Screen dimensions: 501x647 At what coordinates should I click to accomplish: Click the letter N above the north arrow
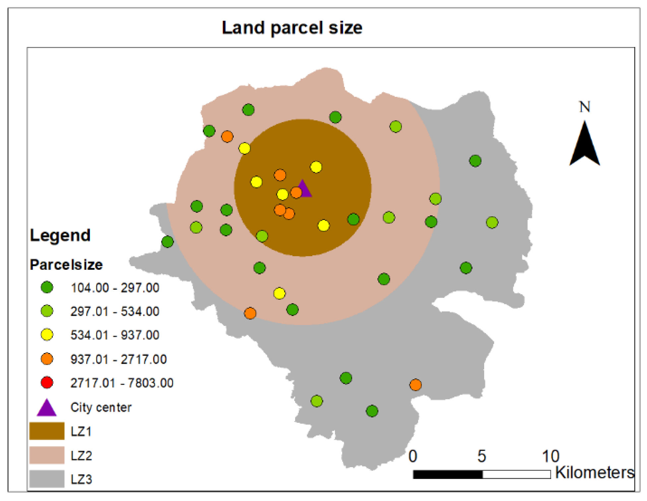click(x=584, y=107)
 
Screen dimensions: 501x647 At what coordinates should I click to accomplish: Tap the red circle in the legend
click(x=47, y=383)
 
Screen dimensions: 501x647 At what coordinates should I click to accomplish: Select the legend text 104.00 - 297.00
click(x=115, y=288)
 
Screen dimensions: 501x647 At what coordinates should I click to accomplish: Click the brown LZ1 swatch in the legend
click(x=47, y=431)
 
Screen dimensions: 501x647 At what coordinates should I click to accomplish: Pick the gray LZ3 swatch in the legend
click(x=47, y=479)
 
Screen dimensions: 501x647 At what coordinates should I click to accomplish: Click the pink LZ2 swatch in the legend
click(x=47, y=455)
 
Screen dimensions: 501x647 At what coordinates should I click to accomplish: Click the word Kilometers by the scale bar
click(x=595, y=472)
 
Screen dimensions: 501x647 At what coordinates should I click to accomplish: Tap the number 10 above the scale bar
click(x=550, y=456)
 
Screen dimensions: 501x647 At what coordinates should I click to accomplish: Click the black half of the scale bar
click(x=448, y=474)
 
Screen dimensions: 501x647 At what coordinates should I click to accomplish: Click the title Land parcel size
click(x=292, y=28)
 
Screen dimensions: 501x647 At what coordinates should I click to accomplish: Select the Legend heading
click(x=60, y=235)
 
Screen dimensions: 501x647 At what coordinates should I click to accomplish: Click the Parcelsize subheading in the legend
click(x=66, y=264)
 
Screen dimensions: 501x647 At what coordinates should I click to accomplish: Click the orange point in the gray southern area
click(x=415, y=385)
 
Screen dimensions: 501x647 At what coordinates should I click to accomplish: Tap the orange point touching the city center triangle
click(x=296, y=192)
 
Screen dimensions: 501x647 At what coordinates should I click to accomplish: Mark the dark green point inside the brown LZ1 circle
click(x=353, y=219)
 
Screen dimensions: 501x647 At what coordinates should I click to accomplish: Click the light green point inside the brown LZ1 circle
click(x=262, y=236)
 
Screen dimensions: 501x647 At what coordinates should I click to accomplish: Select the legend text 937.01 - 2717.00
click(x=118, y=359)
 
